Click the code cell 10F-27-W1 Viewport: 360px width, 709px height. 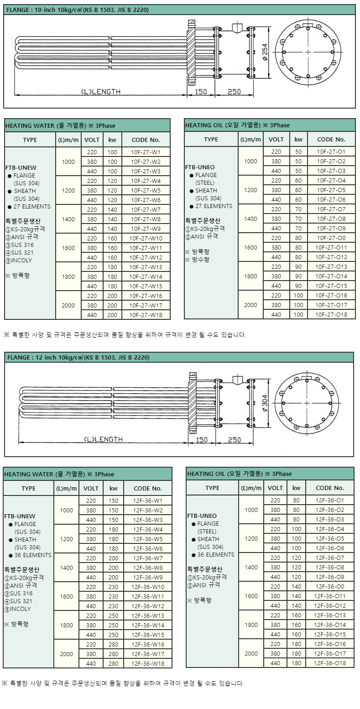click(x=146, y=152)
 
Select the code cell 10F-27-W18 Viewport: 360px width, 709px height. click(x=146, y=315)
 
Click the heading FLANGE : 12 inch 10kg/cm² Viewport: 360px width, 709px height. click(x=78, y=357)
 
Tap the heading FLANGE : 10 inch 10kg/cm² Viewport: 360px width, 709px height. click(x=78, y=10)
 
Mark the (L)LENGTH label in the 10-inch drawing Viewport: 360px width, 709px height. click(x=100, y=92)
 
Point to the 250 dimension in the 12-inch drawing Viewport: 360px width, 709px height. click(x=234, y=440)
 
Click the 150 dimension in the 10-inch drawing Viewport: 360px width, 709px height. click(x=201, y=92)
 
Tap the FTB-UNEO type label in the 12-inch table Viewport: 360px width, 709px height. click(x=202, y=516)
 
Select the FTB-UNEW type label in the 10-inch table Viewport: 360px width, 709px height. click(x=20, y=167)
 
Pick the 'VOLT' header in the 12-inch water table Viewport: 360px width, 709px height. click(x=91, y=488)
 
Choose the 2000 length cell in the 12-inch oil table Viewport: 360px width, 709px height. click(x=251, y=653)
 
